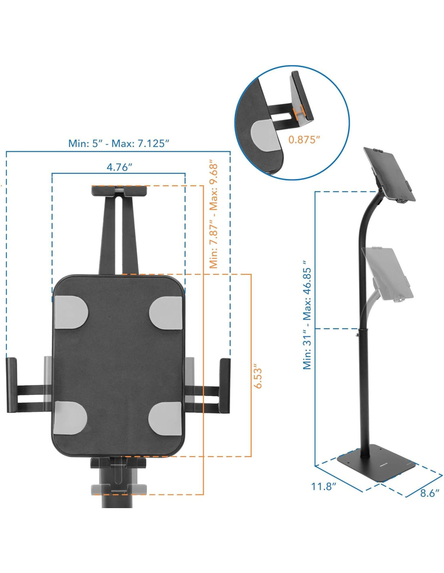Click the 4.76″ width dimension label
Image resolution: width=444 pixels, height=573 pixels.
(x=119, y=167)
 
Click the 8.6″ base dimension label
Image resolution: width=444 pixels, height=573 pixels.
(x=429, y=493)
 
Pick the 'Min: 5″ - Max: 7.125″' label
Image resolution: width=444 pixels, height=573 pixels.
(x=119, y=143)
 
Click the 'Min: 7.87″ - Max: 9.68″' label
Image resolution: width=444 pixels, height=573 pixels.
(x=214, y=216)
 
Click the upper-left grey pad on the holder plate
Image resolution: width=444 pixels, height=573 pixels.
(x=71, y=312)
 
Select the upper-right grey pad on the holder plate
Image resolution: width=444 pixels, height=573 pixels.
(x=165, y=312)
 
